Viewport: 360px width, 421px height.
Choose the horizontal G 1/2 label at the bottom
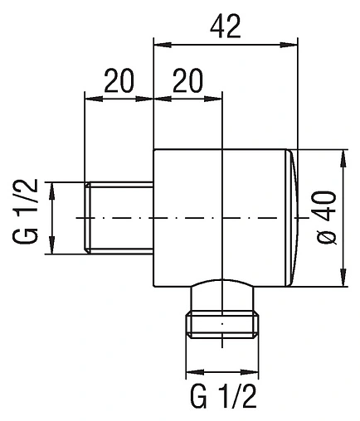pos(224,395)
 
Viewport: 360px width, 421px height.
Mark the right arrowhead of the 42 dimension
pos(289,46)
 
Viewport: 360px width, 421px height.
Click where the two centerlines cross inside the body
pos(223,218)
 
